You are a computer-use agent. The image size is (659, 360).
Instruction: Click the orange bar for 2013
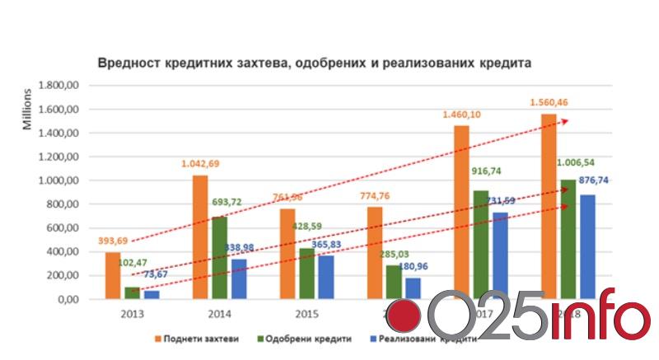(x=113, y=275)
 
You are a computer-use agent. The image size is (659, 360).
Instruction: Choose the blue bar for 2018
(x=587, y=246)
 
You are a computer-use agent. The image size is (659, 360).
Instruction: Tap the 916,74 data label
(x=487, y=171)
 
